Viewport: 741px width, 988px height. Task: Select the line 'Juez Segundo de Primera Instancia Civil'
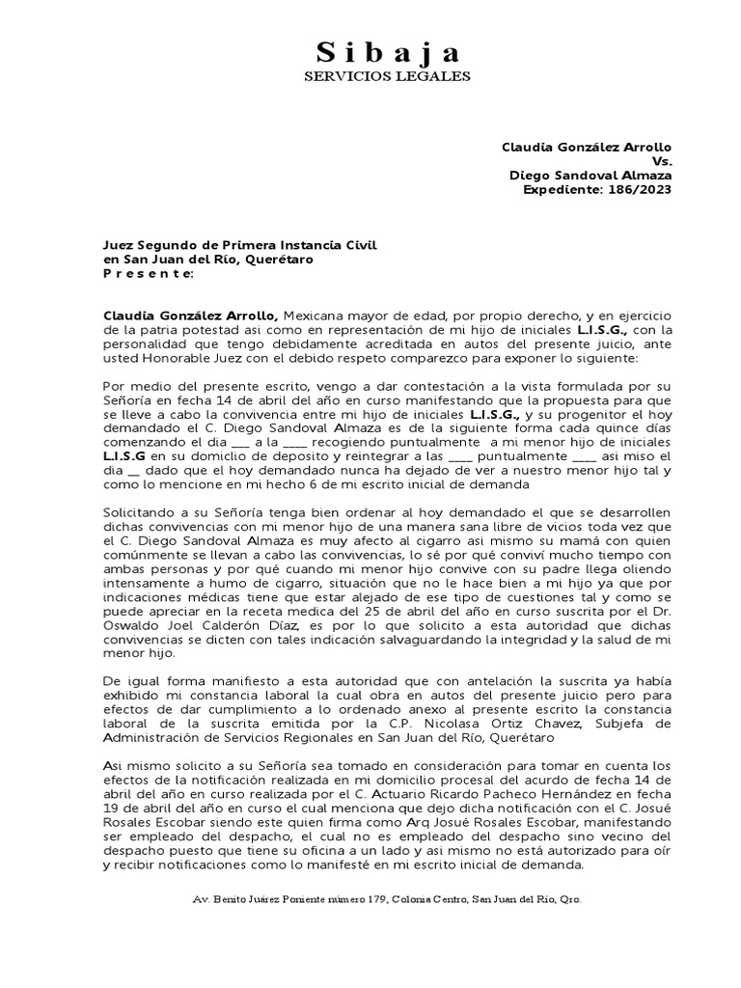tap(239, 246)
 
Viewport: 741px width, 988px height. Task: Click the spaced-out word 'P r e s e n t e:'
tap(149, 273)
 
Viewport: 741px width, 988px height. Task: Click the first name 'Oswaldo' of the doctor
tap(131, 625)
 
